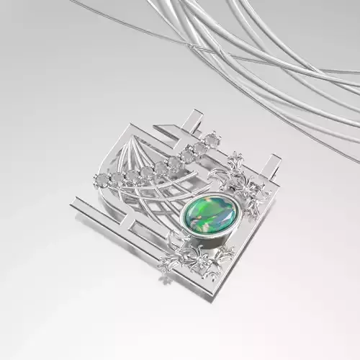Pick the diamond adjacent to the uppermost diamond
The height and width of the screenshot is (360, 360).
coord(199,147)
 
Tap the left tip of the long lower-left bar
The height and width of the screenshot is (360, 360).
coord(74,207)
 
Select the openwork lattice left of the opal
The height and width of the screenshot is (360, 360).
coord(155,205)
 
